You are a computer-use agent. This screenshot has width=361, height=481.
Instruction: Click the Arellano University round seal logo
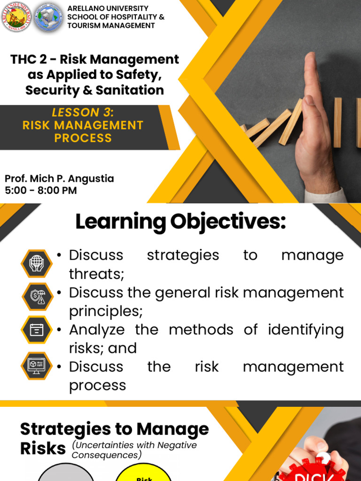pyautogui.click(x=17, y=17)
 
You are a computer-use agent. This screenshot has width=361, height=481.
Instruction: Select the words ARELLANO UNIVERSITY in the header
pyautogui.click(x=108, y=8)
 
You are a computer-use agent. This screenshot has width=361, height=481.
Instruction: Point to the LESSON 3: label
pyautogui.click(x=83, y=113)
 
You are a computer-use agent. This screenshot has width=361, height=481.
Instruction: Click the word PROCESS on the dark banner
pyautogui.click(x=83, y=138)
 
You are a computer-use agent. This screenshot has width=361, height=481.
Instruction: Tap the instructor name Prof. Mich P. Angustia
pyautogui.click(x=59, y=179)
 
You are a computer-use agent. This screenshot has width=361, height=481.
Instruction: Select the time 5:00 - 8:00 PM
pyautogui.click(x=40, y=191)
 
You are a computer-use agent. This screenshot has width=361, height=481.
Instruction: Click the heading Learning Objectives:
pyautogui.click(x=180, y=222)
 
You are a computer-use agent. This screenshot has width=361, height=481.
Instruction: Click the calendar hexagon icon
pyautogui.click(x=37, y=330)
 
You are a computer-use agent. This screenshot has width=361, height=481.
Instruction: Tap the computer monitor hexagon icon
pyautogui.click(x=37, y=365)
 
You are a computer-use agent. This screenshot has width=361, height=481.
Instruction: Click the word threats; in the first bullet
pyautogui.click(x=97, y=274)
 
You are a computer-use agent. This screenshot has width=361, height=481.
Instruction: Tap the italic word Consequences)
pyautogui.click(x=106, y=455)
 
